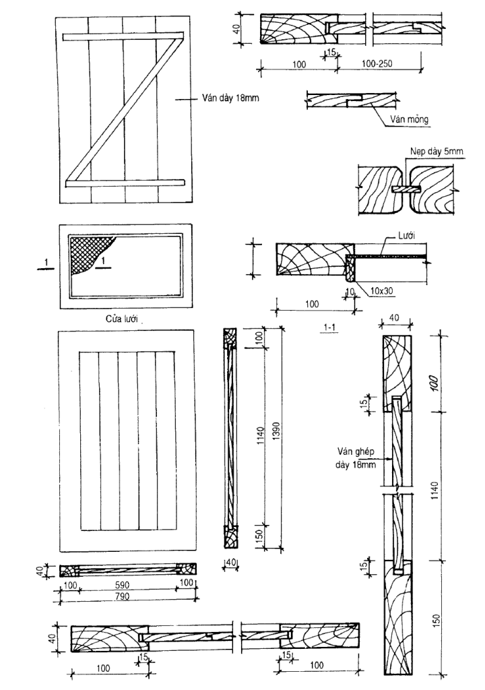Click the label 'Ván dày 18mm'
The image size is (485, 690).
(x=230, y=98)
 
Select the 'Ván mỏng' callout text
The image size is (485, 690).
(x=409, y=119)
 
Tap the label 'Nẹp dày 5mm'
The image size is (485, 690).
(x=436, y=152)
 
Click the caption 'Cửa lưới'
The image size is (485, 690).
(x=121, y=319)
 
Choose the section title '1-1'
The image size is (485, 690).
(x=329, y=327)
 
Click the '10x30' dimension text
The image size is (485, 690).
(x=381, y=290)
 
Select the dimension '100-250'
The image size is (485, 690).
(x=377, y=63)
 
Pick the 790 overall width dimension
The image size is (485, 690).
(x=123, y=596)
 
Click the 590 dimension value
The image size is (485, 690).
(x=123, y=585)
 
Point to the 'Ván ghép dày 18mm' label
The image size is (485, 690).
(x=356, y=458)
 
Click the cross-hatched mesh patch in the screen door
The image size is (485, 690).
(x=88, y=253)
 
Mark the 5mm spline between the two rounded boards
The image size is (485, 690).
(x=406, y=189)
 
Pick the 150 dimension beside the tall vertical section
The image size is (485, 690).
(x=436, y=621)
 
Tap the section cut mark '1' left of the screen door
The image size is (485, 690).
(x=45, y=263)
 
